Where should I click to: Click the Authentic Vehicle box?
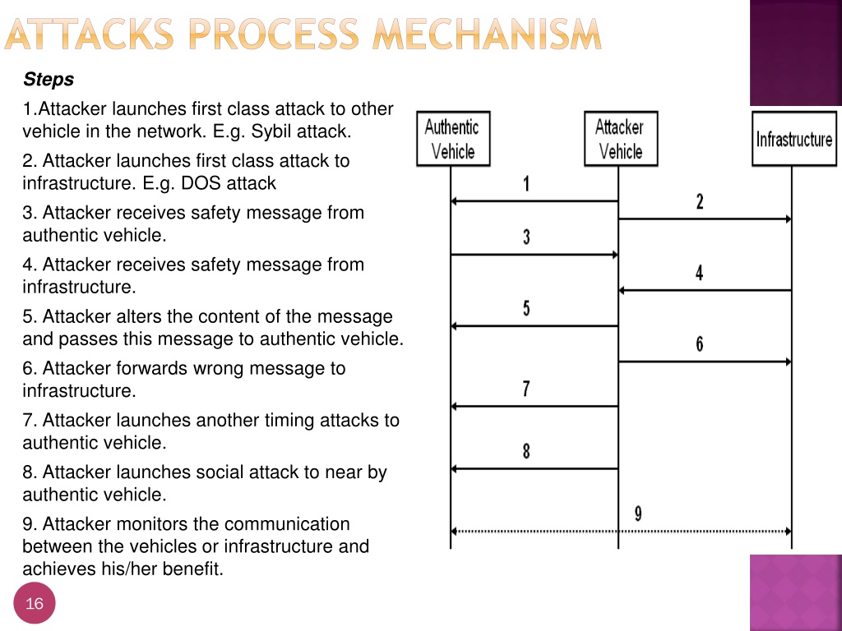pyautogui.click(x=453, y=138)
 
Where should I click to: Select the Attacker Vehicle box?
pyautogui.click(x=621, y=138)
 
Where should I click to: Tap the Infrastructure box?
pyautogui.click(x=794, y=138)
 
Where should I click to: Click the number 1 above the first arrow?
pyautogui.click(x=526, y=183)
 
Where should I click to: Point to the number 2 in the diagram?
pyautogui.click(x=699, y=202)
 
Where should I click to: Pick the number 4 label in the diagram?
pyautogui.click(x=699, y=273)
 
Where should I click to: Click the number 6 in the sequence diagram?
pyautogui.click(x=699, y=344)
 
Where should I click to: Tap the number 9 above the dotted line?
pyautogui.click(x=638, y=514)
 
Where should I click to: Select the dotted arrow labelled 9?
pyautogui.click(x=621, y=532)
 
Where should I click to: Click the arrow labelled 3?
pyautogui.click(x=534, y=255)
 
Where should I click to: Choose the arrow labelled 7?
pyautogui.click(x=534, y=406)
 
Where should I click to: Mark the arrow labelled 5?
pyautogui.click(x=534, y=325)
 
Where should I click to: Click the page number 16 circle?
pyautogui.click(x=35, y=603)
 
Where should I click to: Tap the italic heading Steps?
pyautogui.click(x=49, y=80)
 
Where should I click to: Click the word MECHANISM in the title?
pyautogui.click(x=487, y=35)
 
